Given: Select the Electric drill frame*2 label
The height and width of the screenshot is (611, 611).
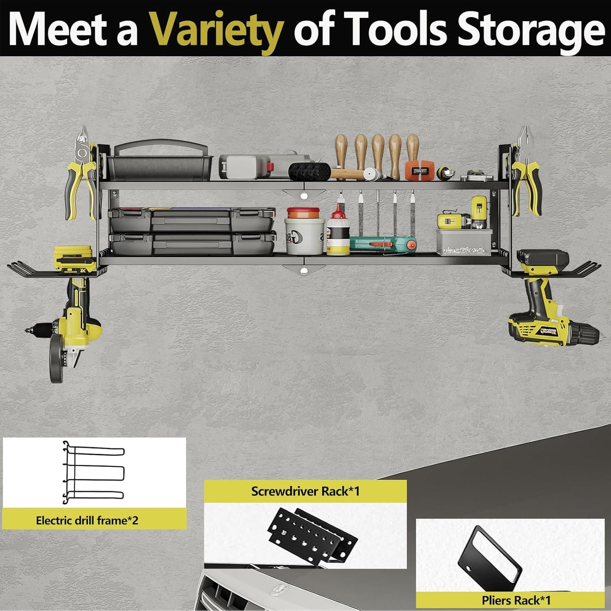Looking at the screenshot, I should pyautogui.click(x=87, y=520).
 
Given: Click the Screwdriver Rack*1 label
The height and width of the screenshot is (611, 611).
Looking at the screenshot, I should pyautogui.click(x=305, y=491).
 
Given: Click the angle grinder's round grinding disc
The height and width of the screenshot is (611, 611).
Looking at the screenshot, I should pyautogui.click(x=56, y=360).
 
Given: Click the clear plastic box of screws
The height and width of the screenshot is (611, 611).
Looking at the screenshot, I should pyautogui.click(x=464, y=242).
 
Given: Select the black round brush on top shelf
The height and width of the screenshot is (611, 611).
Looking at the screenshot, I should pyautogui.click(x=310, y=171).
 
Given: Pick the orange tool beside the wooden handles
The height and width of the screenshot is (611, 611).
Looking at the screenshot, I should pyautogui.click(x=419, y=169).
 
